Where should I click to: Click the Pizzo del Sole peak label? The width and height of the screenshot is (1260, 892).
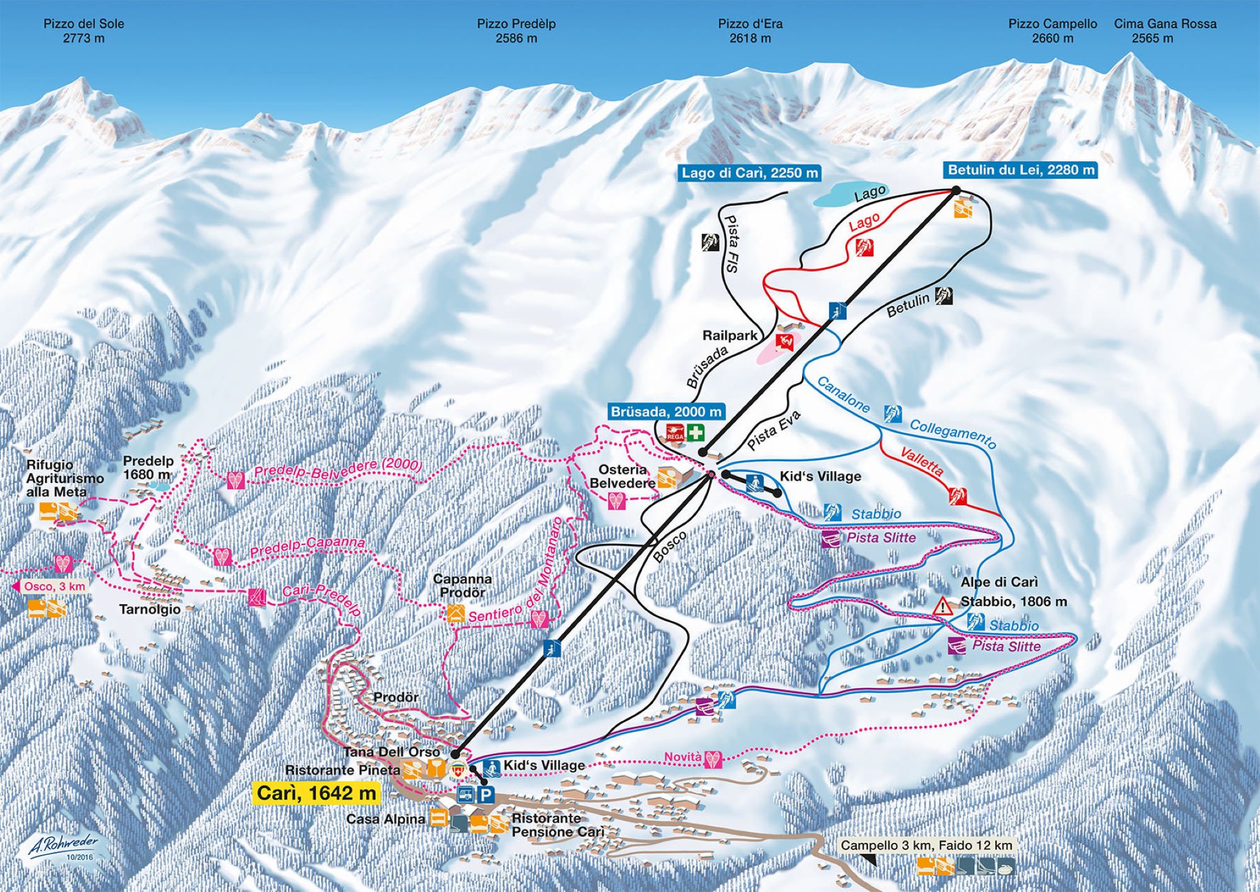(84, 31)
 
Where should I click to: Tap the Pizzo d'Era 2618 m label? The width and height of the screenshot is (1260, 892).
(750, 31)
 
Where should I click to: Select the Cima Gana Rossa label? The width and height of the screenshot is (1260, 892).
(1165, 31)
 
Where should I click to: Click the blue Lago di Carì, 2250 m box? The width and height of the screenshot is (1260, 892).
(750, 173)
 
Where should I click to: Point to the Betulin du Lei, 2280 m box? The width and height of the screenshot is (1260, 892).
(1021, 169)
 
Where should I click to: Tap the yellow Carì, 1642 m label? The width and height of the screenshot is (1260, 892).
(316, 793)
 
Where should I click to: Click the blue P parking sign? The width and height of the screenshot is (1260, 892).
(485, 796)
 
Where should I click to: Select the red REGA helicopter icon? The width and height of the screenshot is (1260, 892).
(674, 433)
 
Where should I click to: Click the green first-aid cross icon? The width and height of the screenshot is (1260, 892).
(695, 433)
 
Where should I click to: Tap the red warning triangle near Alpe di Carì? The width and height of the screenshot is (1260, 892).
(942, 607)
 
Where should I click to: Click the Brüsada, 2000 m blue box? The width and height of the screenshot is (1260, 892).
(667, 412)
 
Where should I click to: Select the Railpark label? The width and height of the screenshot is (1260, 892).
(730, 336)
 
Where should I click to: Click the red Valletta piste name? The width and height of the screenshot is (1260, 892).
(922, 462)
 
